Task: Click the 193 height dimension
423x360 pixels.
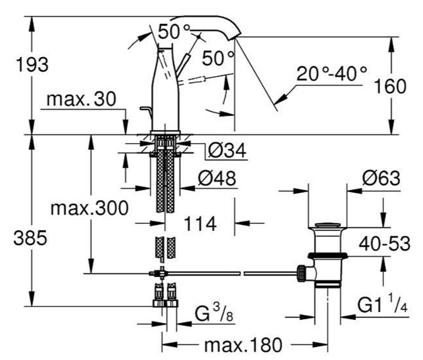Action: click(x=32, y=65)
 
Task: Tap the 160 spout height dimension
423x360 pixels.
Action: click(x=390, y=87)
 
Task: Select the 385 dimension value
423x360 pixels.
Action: click(x=30, y=239)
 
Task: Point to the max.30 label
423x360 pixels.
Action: click(x=81, y=99)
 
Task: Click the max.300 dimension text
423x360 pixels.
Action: click(x=90, y=208)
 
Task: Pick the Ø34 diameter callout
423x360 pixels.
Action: click(x=227, y=150)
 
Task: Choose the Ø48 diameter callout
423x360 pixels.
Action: click(x=217, y=178)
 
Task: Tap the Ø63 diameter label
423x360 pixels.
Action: click(x=381, y=178)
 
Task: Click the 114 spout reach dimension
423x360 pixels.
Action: click(x=200, y=224)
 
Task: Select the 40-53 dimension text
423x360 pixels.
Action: click(x=384, y=243)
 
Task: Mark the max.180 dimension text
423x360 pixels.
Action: click(x=243, y=345)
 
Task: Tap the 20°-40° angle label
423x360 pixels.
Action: click(x=332, y=74)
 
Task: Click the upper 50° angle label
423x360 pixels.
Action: click(x=174, y=31)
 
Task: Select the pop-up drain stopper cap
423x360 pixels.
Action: click(x=327, y=225)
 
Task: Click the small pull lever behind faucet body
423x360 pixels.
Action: click(x=146, y=113)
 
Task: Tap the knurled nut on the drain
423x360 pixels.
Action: click(x=301, y=273)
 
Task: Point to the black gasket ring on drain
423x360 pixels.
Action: click(x=328, y=255)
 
